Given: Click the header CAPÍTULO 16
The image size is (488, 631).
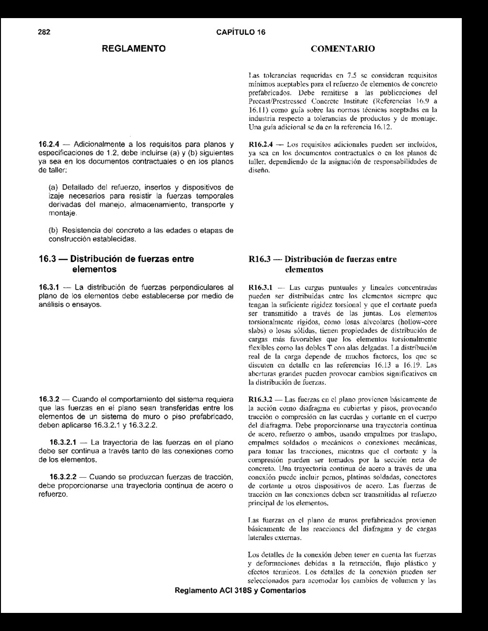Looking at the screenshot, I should tap(241, 32).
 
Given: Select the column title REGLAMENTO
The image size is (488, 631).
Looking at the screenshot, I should tap(135, 49).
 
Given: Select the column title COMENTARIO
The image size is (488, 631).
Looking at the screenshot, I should tap(343, 49).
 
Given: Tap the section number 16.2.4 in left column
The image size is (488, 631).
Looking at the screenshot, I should tap(49, 144).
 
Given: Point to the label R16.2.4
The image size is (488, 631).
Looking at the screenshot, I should tap(260, 144).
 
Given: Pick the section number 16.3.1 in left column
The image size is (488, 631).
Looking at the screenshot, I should tap(49, 287).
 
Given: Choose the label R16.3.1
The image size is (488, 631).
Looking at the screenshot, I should tap(260, 288).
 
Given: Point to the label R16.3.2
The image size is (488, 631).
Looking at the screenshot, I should tap(260, 399).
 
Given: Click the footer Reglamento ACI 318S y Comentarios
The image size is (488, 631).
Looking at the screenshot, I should tap(241, 591).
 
